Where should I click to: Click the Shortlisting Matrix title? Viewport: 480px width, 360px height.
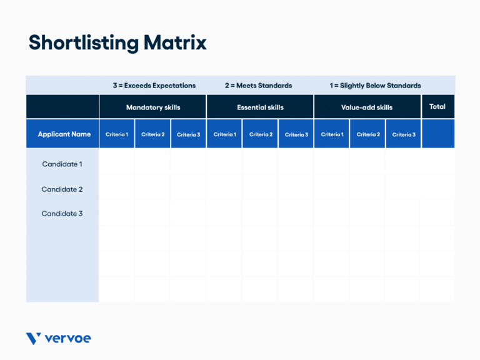tap(117, 42)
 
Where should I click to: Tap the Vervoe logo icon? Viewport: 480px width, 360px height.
tap(34, 339)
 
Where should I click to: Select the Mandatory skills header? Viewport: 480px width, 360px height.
tap(152, 107)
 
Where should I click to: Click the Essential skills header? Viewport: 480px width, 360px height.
tap(260, 107)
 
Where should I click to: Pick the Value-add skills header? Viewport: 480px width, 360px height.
tap(367, 107)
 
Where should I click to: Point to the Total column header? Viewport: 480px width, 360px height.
tap(437, 107)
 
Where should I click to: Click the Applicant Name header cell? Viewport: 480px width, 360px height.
tap(64, 134)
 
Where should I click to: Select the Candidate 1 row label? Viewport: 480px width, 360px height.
tap(62, 164)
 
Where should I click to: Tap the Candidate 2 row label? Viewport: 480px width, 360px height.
tap(62, 189)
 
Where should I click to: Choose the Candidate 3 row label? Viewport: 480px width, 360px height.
tap(62, 214)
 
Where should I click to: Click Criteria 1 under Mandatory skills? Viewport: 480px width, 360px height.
tap(117, 134)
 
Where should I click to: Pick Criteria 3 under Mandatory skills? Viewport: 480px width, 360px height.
tap(188, 135)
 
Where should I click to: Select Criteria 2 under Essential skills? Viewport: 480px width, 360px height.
tap(260, 134)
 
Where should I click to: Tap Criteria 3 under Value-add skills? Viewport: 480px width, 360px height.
tap(403, 135)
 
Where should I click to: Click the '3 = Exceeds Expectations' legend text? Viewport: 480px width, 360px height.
tap(154, 86)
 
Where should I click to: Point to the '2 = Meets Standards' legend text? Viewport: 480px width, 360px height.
tap(258, 86)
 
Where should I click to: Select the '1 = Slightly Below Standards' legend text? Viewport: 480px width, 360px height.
tap(375, 86)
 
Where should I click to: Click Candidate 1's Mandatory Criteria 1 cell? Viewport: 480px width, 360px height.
tap(117, 162)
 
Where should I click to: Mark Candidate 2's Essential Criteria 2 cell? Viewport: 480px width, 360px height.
tap(260, 187)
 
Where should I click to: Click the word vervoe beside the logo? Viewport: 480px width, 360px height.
tap(68, 339)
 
